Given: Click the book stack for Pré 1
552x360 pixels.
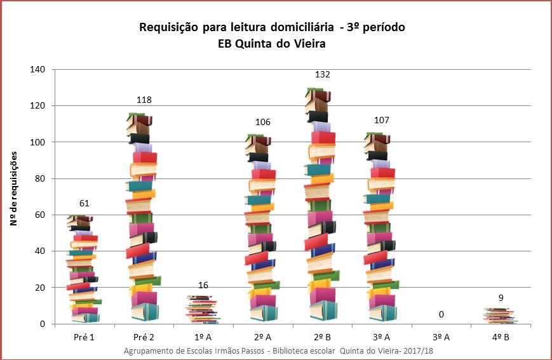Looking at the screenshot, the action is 84,269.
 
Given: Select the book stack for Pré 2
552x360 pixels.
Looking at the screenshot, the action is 143,217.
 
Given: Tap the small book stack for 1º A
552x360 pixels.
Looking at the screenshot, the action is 203,310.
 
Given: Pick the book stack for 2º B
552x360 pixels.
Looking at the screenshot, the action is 322,204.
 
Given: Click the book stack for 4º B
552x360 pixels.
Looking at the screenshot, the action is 501,316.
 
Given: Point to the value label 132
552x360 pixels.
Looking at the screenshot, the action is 322,74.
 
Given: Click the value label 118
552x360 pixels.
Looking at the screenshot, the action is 144,100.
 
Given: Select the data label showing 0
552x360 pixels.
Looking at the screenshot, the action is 441,314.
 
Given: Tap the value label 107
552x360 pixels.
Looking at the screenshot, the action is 382,121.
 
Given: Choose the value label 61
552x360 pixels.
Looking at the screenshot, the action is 84,203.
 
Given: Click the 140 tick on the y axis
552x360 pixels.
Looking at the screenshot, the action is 37,69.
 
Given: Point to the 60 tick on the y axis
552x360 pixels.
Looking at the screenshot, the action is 40,215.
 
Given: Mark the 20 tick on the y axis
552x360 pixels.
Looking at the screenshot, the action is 40,288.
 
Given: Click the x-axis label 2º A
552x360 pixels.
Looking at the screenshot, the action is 262,337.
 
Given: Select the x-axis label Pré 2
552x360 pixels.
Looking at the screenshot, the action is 144,337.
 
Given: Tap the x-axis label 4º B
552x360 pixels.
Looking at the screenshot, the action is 501,337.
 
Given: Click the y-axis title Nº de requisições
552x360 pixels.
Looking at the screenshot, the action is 14,189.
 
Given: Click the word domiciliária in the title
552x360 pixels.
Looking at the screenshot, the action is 302,27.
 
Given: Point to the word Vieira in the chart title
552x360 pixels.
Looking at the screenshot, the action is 308,44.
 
